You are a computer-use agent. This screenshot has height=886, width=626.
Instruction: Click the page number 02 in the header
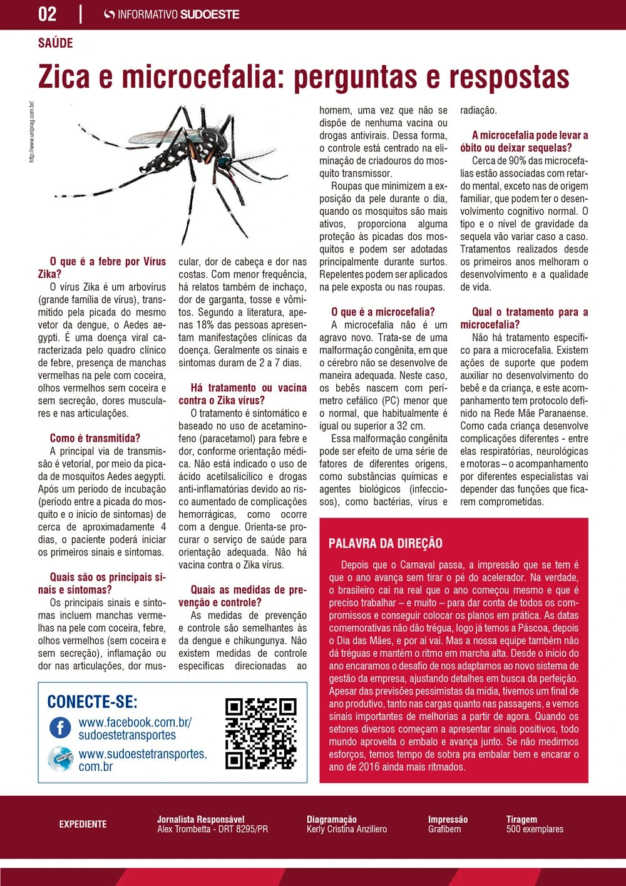(48, 14)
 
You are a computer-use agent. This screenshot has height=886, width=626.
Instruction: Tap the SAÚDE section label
(56, 43)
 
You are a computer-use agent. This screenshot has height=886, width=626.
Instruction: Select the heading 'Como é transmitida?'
(95, 438)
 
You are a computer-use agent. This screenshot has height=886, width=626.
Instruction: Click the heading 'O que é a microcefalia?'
(382, 312)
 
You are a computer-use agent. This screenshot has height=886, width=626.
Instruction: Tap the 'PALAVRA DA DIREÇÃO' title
(386, 543)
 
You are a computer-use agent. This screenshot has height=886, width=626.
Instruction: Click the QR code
(260, 733)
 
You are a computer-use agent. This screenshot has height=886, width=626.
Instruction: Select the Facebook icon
(61, 728)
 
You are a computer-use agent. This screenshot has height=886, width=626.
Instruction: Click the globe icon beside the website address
(61, 760)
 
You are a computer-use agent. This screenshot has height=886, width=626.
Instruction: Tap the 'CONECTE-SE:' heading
(93, 702)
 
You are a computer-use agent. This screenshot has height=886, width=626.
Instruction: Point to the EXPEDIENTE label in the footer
(83, 824)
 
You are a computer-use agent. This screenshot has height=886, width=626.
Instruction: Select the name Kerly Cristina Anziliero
(347, 829)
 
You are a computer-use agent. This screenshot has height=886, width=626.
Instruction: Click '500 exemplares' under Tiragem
(535, 829)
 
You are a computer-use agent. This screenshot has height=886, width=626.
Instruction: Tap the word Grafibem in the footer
(444, 829)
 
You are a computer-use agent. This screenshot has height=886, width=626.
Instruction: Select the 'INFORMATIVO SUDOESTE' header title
(178, 14)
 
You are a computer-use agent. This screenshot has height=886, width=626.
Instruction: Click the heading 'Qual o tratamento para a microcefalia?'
(524, 318)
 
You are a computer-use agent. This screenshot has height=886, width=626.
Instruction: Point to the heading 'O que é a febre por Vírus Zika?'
(102, 268)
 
